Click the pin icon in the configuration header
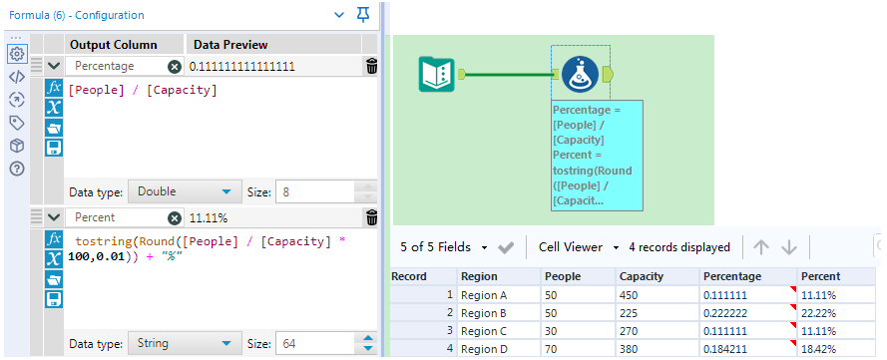(x=363, y=15)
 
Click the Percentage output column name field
(x=114, y=66)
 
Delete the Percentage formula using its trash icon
(x=372, y=66)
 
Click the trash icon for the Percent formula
(x=372, y=217)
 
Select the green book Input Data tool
(x=435, y=73)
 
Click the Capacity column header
(x=641, y=276)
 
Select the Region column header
(x=479, y=276)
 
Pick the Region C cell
(x=484, y=331)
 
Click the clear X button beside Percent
(x=175, y=217)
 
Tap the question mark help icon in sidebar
(x=16, y=168)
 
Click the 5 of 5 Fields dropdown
(x=443, y=247)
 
